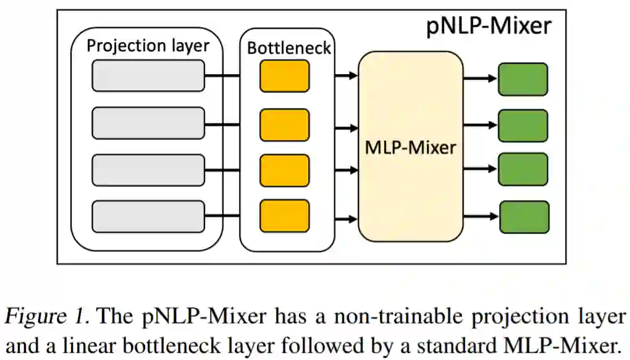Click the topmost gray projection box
click(148, 75)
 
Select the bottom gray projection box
click(148, 217)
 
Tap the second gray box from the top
click(148, 123)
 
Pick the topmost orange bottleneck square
click(284, 76)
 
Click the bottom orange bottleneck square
click(284, 216)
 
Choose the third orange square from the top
click(284, 170)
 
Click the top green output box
click(523, 78)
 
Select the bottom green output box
click(524, 217)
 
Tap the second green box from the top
click(523, 125)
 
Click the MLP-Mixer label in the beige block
click(411, 147)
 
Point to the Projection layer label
click(148, 46)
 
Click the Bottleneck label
click(288, 48)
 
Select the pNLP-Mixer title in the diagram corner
click(489, 27)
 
